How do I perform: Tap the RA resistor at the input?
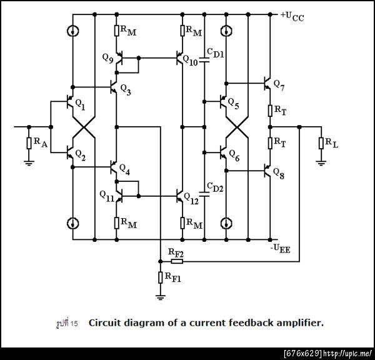(28, 143)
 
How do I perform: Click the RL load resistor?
(321, 143)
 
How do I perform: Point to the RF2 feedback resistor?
(176, 261)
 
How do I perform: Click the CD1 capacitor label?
(217, 54)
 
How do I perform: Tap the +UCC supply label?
(291, 16)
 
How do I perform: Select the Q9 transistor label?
(107, 56)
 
